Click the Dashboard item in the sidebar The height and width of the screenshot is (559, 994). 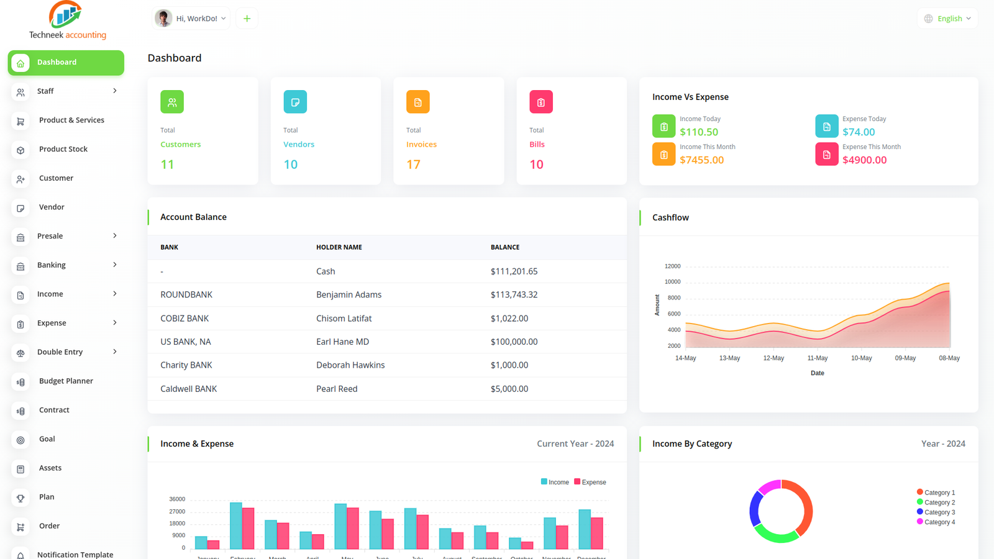[65, 63]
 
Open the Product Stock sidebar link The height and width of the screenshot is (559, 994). [63, 149]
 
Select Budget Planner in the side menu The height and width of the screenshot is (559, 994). [66, 381]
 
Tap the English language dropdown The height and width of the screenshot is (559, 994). [947, 19]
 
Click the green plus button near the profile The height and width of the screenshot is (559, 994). [247, 19]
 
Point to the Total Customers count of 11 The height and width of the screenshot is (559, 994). [167, 165]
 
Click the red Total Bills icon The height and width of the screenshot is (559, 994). [540, 102]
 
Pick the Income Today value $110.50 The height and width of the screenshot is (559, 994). [699, 132]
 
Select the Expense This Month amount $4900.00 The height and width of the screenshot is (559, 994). [864, 160]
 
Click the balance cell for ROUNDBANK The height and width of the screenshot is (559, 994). [514, 295]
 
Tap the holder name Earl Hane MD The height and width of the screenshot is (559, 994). [342, 342]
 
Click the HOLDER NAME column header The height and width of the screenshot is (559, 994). [339, 247]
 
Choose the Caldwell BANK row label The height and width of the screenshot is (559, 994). [188, 389]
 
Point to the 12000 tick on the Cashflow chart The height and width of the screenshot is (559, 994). [672, 266]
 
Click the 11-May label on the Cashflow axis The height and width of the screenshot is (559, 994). [817, 358]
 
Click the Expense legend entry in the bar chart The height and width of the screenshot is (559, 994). [590, 482]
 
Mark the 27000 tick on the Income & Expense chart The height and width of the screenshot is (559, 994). [177, 512]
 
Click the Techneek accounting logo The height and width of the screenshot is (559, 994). [67, 20]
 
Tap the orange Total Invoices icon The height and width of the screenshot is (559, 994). [417, 102]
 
